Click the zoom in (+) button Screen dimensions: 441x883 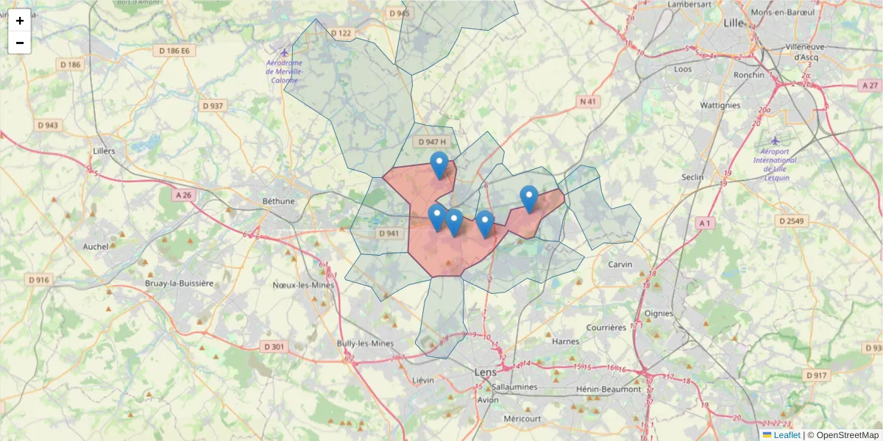click(x=20, y=21)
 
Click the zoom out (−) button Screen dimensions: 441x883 click(x=20, y=43)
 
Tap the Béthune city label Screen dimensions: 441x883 click(x=278, y=201)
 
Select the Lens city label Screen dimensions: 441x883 click(x=486, y=372)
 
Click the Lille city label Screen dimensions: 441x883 click(x=734, y=23)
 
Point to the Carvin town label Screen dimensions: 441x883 click(x=621, y=264)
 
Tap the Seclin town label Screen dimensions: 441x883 click(x=693, y=177)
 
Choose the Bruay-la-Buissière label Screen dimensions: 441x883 click(x=179, y=283)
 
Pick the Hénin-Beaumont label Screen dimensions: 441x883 click(x=608, y=389)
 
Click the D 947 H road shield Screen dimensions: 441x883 click(x=432, y=142)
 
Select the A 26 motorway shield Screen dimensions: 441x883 click(x=184, y=196)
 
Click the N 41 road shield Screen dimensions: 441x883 click(x=587, y=101)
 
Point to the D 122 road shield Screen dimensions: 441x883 click(x=341, y=33)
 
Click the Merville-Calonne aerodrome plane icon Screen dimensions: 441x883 click(x=285, y=52)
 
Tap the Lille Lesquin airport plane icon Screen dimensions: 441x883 click(x=775, y=140)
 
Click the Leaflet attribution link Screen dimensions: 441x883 click(x=787, y=435)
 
